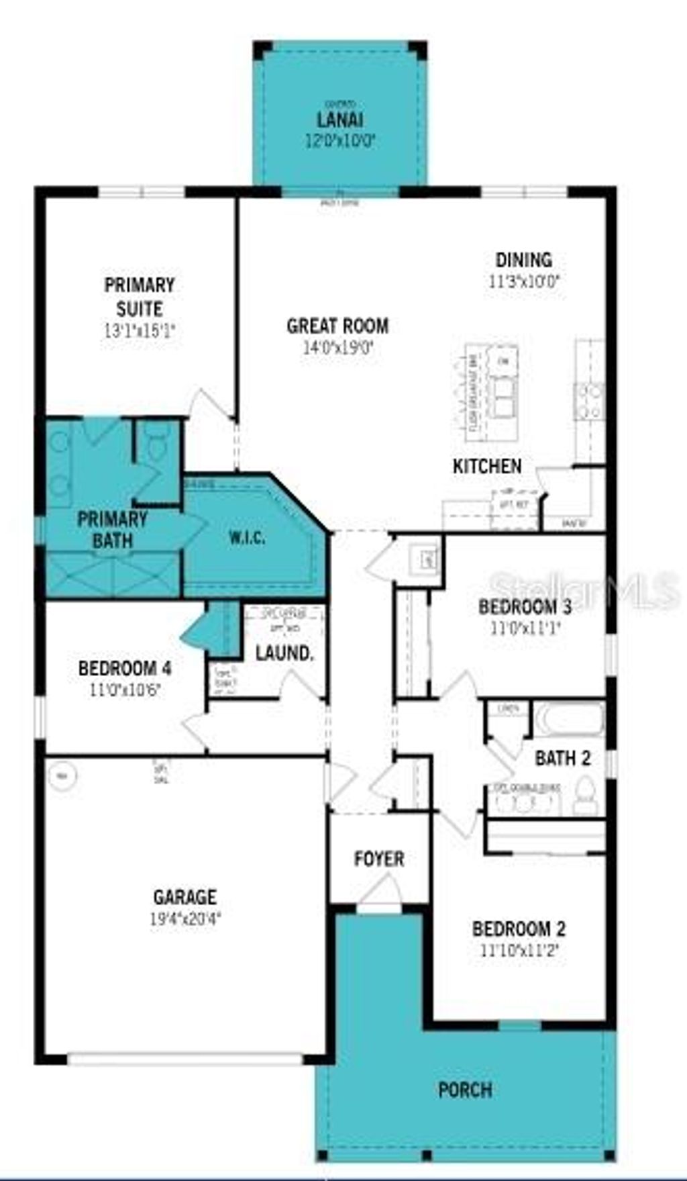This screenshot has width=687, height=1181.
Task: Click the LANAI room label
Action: [x=340, y=120]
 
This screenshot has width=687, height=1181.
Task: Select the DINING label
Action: [x=523, y=260]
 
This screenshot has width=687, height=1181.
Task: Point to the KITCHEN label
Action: [x=487, y=466]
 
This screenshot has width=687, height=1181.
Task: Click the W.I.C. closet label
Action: [x=247, y=537]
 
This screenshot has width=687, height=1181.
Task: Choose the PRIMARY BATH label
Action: [x=112, y=529]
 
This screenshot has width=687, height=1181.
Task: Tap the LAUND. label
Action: [x=284, y=653]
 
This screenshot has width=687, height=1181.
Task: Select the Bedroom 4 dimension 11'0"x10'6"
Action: [x=125, y=690]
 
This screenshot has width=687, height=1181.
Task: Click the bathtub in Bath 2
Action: [x=570, y=720]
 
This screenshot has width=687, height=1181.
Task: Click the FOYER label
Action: [x=379, y=859]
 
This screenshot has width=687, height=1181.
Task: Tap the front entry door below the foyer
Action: [x=380, y=896]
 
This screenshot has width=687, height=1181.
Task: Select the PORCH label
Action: [x=465, y=1090]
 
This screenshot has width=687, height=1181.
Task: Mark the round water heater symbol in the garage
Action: [x=62, y=776]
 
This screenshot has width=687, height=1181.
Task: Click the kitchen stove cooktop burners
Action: [x=589, y=401]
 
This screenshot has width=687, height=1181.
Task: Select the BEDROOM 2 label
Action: [x=519, y=929]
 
